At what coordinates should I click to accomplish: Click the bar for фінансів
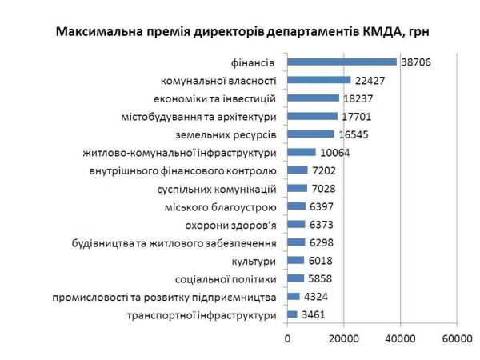tap(342, 62)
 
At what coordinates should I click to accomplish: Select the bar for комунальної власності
tap(318, 80)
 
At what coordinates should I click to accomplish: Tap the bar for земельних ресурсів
tap(310, 134)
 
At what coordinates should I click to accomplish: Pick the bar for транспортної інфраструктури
tap(292, 314)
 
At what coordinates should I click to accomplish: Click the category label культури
tap(254, 261)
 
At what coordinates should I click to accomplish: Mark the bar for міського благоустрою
tap(297, 206)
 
